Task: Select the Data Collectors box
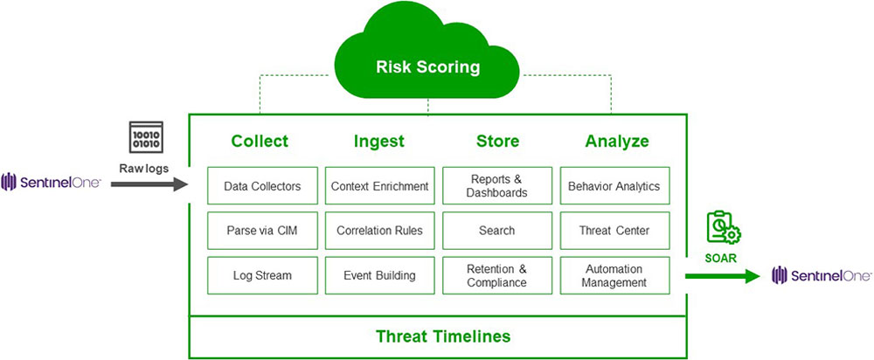pyautogui.click(x=262, y=185)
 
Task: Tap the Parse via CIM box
pyautogui.click(x=262, y=231)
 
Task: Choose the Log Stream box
pyautogui.click(x=262, y=275)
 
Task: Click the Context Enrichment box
pyautogui.click(x=379, y=185)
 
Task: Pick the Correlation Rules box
pyautogui.click(x=379, y=231)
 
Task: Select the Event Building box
pyautogui.click(x=379, y=275)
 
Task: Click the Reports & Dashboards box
pyautogui.click(x=496, y=185)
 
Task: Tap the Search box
pyautogui.click(x=496, y=231)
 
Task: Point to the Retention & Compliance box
pyautogui.click(x=496, y=275)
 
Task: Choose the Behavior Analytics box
pyautogui.click(x=614, y=185)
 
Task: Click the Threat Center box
pyautogui.click(x=614, y=231)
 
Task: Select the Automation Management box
pyautogui.click(x=614, y=275)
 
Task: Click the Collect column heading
pyautogui.click(x=260, y=141)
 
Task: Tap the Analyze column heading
pyautogui.click(x=617, y=141)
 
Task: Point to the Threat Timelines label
pyautogui.click(x=443, y=336)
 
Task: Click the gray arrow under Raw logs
pyautogui.click(x=149, y=184)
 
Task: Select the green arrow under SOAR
pyautogui.click(x=722, y=277)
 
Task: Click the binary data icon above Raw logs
pyautogui.click(x=144, y=138)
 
